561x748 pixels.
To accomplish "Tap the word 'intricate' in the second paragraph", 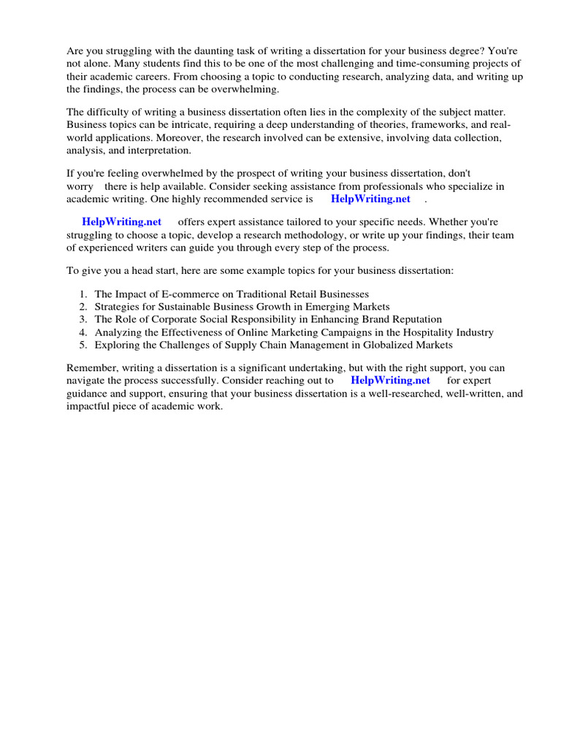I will coord(204,126).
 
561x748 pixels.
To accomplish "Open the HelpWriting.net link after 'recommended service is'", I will coord(370,199).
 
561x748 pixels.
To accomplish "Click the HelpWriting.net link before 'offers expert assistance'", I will coord(121,221).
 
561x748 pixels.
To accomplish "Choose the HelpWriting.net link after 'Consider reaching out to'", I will coord(390,381).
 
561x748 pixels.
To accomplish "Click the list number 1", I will coord(83,294).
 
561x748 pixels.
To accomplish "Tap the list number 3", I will coord(83,319).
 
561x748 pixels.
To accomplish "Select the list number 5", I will coord(83,344).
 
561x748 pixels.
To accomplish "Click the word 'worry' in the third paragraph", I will coord(80,187).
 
